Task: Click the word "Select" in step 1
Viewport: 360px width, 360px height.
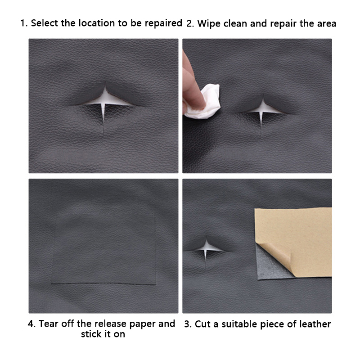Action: tap(44, 23)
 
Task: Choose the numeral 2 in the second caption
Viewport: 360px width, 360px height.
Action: tap(189, 24)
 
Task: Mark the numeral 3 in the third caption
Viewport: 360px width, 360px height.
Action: tap(187, 324)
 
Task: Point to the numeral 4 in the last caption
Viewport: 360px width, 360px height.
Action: tap(31, 324)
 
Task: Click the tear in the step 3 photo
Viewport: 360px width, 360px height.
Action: tap(206, 250)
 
